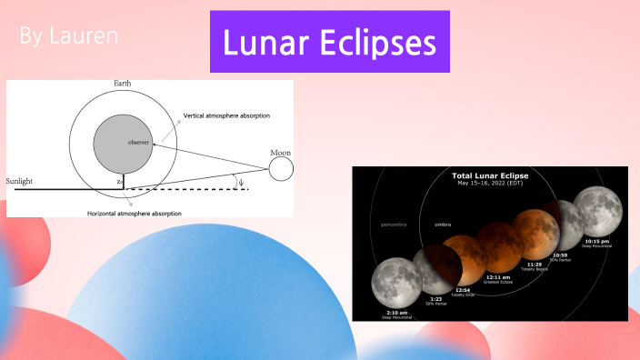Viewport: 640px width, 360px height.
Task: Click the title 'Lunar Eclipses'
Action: [x=329, y=43]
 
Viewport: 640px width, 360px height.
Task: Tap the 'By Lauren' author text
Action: [x=68, y=37]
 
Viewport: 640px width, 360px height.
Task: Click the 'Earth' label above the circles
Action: [x=123, y=84]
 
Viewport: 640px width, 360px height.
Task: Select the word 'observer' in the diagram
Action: [x=138, y=142]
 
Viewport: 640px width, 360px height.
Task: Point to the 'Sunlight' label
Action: [x=19, y=182]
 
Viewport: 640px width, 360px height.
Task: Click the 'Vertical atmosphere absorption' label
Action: [x=226, y=116]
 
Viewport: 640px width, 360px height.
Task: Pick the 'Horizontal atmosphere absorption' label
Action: [x=134, y=213]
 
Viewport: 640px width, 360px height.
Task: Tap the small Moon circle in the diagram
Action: [x=280, y=167]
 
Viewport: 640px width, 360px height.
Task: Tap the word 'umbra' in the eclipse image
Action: [x=443, y=223]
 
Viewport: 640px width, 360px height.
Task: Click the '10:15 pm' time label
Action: [x=595, y=241]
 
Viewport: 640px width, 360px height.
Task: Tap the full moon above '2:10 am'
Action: [x=394, y=280]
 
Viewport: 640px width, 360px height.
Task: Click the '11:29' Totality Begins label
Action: [x=535, y=265]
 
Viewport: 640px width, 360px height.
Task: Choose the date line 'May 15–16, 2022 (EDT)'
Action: [x=490, y=184]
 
